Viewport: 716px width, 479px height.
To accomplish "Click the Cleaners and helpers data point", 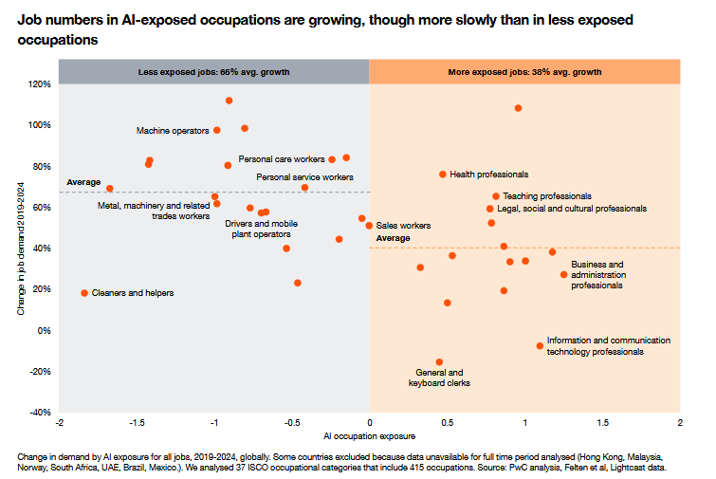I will [84, 293].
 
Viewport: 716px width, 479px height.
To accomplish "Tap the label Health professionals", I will [489, 175].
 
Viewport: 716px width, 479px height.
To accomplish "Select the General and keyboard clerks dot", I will [439, 362].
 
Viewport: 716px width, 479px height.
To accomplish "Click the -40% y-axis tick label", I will [39, 413].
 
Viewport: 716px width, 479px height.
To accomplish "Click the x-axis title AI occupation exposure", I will [369, 437].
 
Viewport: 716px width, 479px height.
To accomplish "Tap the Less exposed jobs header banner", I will [213, 72].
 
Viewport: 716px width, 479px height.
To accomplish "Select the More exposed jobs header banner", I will [524, 72].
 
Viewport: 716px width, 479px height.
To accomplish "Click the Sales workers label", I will [403, 226].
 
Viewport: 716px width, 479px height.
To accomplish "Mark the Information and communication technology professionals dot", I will [540, 346].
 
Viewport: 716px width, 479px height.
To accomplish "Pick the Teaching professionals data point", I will [496, 196].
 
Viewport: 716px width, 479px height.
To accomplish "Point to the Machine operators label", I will [172, 131].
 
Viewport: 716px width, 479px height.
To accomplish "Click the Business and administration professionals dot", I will [564, 274].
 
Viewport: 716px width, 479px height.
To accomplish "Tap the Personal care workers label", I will [282, 159].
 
